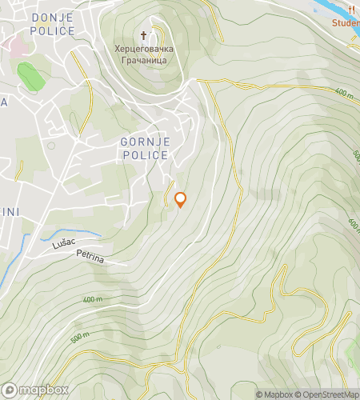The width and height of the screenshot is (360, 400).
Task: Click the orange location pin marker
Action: click(x=180, y=199)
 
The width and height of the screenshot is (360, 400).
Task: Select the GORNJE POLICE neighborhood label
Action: click(x=145, y=148)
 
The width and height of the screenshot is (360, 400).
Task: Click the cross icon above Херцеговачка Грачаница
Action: click(x=144, y=35)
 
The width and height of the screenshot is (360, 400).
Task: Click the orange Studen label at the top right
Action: click(x=346, y=23)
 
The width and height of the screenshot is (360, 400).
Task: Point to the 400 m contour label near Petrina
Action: click(x=93, y=299)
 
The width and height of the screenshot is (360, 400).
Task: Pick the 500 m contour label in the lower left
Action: click(x=80, y=338)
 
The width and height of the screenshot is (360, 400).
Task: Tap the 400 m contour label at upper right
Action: click(x=344, y=94)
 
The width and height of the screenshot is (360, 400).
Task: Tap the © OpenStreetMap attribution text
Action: click(x=326, y=394)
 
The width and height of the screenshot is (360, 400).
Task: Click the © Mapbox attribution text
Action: click(x=274, y=394)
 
